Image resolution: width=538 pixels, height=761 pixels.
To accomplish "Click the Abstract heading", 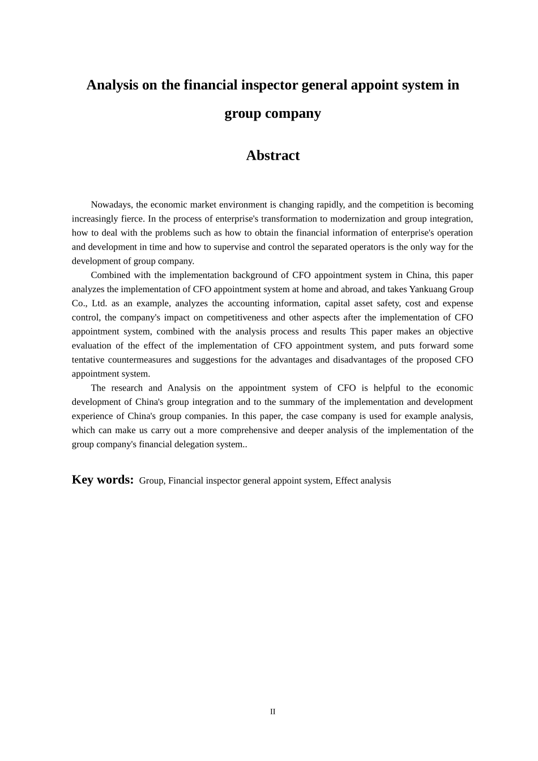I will (x=272, y=156).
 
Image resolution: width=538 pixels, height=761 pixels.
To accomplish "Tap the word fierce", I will (x=131, y=219).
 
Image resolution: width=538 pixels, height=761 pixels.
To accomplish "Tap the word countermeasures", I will (x=140, y=360).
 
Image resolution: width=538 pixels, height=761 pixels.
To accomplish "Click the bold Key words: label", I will (x=103, y=480).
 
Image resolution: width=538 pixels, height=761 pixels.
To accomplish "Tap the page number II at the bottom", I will (x=272, y=712).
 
